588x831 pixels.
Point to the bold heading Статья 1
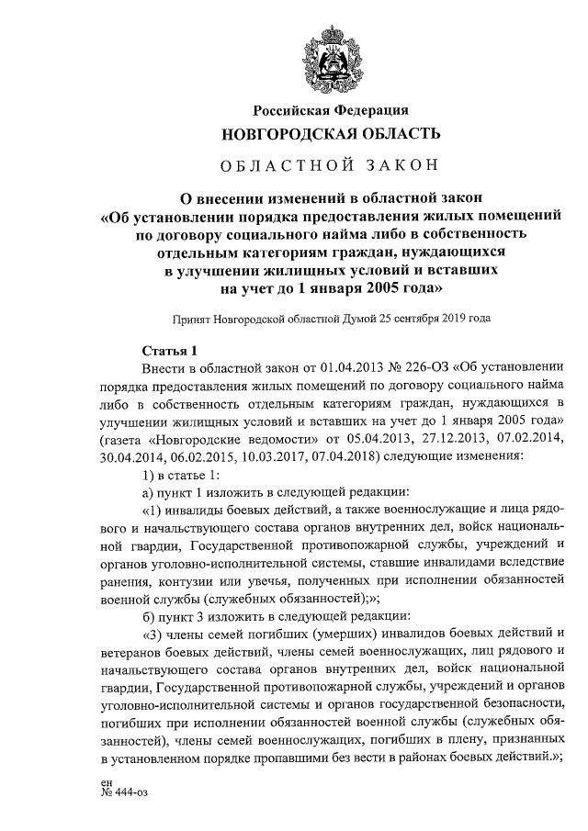coord(171,350)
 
